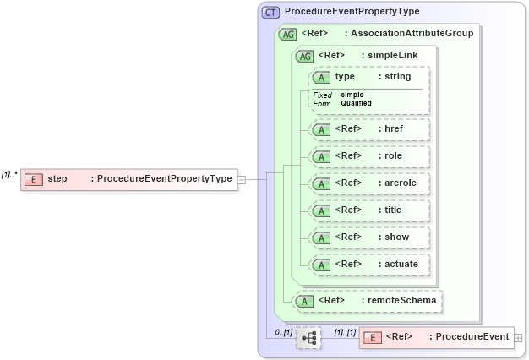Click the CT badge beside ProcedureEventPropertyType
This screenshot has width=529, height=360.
270,12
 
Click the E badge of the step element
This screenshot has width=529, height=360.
34,178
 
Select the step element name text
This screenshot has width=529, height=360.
57,178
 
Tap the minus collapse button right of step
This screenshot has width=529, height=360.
242,179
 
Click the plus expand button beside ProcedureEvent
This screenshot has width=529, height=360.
518,338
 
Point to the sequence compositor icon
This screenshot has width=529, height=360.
309,338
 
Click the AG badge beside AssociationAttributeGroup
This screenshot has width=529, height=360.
287,34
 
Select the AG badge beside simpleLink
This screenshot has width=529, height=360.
303,56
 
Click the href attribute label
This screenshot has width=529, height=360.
393,129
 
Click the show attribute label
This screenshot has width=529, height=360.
396,237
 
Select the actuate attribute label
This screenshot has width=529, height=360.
401,265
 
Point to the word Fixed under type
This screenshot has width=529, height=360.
322,95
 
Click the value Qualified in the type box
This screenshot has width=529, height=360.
356,103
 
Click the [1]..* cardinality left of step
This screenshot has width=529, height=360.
9,174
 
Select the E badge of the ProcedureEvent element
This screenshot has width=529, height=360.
372,337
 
